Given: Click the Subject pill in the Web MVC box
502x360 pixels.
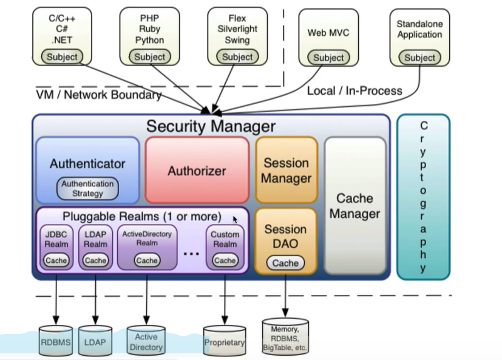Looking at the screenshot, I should pyautogui.click(x=328, y=58).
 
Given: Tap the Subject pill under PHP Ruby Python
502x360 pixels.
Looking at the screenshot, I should pyautogui.click(x=149, y=56).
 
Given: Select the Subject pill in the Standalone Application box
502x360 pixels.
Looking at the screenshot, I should pyautogui.click(x=419, y=58).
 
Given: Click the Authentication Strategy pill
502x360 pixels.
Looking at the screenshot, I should pyautogui.click(x=87, y=188).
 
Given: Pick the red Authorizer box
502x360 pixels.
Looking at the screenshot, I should pyautogui.click(x=197, y=170).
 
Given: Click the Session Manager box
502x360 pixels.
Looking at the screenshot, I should pyautogui.click(x=286, y=170).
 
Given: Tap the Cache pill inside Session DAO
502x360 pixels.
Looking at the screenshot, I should pyautogui.click(x=285, y=263).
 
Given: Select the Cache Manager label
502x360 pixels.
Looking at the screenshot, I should pyautogui.click(x=355, y=206).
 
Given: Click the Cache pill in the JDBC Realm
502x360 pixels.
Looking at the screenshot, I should pyautogui.click(x=56, y=260).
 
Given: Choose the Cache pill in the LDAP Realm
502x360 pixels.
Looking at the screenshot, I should pyautogui.click(x=95, y=260).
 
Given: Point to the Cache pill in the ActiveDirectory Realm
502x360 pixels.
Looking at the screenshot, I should pyautogui.click(x=147, y=260).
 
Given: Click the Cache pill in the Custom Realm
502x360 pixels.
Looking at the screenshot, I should pyautogui.click(x=225, y=260).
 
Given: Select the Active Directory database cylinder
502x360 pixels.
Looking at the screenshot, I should pyautogui.click(x=146, y=342).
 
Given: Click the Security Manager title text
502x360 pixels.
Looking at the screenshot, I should pyautogui.click(x=211, y=126).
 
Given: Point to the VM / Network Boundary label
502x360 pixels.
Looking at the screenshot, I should pyautogui.click(x=98, y=95).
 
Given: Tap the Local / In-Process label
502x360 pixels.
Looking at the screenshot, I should pyautogui.click(x=354, y=90).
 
